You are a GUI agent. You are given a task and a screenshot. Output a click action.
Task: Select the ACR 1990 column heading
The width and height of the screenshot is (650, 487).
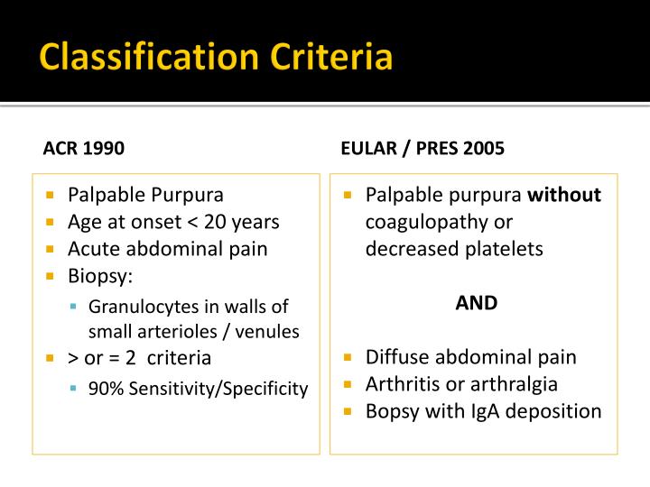(x=84, y=148)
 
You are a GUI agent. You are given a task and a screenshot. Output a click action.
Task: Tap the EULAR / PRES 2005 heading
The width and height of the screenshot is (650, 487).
(x=422, y=148)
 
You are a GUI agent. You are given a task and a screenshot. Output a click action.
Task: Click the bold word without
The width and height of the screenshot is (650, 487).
(x=564, y=195)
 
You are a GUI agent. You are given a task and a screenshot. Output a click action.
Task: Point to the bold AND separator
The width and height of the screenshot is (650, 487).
(x=477, y=303)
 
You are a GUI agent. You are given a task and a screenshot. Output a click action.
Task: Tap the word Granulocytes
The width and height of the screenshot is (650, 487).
(x=141, y=308)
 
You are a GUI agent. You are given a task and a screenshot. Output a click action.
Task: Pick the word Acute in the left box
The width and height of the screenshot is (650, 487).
(x=93, y=249)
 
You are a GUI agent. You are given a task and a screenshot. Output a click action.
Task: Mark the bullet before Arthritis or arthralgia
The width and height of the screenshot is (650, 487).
(x=348, y=384)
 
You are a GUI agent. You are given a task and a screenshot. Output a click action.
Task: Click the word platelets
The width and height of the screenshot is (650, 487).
(x=502, y=249)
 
